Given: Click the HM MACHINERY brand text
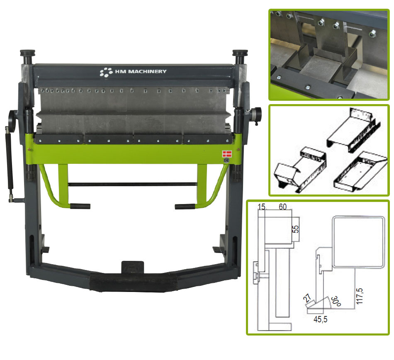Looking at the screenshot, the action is pos(141,72).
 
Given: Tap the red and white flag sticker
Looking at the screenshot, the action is pos(227,154).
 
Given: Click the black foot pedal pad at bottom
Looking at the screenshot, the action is pos(134,283).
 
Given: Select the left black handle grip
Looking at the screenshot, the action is pos(80,206).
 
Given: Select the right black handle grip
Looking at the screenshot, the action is pos(185,207).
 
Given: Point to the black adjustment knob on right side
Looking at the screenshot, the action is pos(256,113).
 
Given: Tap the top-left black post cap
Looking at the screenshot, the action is pos(28,53).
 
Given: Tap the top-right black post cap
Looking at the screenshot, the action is pos(240,53).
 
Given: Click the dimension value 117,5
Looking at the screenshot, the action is pos(360,296).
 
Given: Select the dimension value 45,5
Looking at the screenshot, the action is pos(320,319).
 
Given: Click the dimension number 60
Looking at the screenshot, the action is pos(283,207).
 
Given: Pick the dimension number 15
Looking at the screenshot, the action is pos(262,207).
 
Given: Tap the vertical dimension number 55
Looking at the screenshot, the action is pos(296,229).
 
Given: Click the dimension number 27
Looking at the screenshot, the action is pos(307,298).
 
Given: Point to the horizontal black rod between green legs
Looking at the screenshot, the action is pos(132,185).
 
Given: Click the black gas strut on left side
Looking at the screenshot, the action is pos(10,161).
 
